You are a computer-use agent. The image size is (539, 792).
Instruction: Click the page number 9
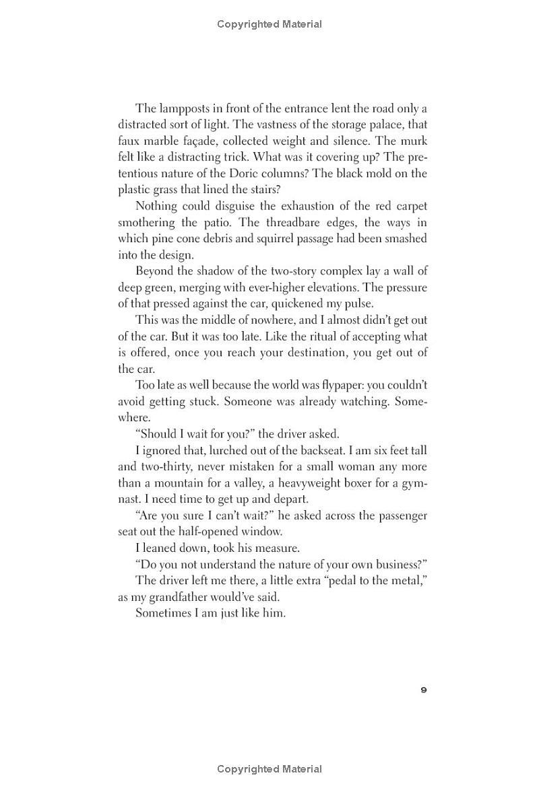point(423,690)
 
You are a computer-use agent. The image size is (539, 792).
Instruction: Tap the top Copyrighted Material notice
point(269,24)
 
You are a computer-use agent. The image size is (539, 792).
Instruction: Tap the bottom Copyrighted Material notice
point(269,768)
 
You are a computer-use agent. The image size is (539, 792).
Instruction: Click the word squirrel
point(282,239)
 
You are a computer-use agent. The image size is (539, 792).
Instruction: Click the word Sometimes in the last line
point(163,613)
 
